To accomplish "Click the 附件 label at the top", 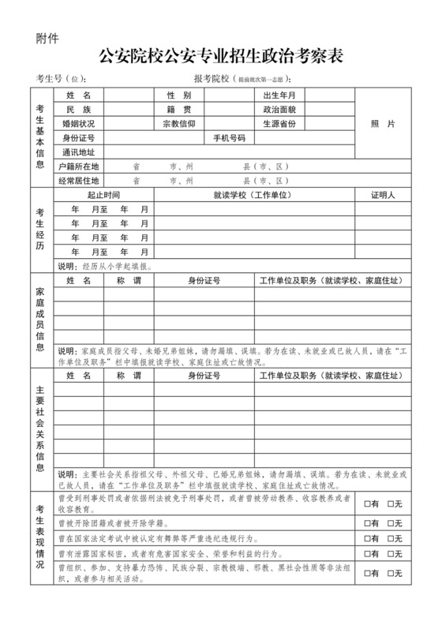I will (46, 36).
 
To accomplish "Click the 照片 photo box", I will (382, 124).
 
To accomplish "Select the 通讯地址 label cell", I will (78, 152).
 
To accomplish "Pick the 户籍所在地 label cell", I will (78, 167).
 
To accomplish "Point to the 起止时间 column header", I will (103, 195).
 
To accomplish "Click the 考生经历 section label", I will (39, 230).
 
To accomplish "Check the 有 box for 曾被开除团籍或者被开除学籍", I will (367, 523).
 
